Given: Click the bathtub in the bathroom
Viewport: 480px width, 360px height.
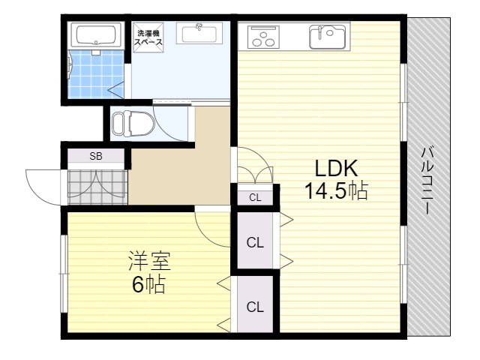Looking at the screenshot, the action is tap(96, 35).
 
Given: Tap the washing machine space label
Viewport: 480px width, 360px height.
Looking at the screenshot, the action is tap(148, 37).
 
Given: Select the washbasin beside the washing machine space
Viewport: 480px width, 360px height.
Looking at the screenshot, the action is tap(199, 33).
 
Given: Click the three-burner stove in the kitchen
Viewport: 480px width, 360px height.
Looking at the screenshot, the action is tap(263, 37).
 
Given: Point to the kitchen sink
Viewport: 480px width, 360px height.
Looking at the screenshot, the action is tap(327, 37).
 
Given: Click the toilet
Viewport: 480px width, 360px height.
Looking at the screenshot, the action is tap(133, 123).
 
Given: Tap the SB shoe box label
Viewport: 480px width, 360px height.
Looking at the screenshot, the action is tap(96, 156).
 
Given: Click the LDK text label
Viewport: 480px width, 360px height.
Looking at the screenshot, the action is tap(336, 168).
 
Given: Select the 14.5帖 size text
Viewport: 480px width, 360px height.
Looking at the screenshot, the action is tap(336, 190).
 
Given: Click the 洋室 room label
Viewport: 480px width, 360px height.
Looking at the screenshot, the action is tap(149, 261).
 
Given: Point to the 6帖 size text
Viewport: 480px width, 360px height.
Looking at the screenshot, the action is tap(148, 284).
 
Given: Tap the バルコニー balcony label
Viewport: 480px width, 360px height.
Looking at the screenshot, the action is tap(427, 181).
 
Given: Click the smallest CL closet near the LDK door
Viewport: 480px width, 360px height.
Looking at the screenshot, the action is tap(255, 198).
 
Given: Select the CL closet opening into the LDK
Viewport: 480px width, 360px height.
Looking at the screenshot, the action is tap(255, 243).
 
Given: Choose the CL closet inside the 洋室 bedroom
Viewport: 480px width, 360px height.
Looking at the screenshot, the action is tap(255, 307).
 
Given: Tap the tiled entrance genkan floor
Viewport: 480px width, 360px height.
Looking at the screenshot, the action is tap(97, 187).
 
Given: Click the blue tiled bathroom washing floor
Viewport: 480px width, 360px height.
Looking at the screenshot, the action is tap(96, 74).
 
